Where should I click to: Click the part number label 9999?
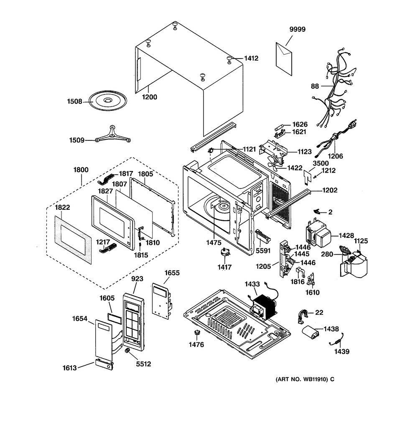tap(298, 29)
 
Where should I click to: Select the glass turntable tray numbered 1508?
tap(107, 101)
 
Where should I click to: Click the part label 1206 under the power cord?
tap(336, 156)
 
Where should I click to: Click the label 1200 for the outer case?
tap(149, 97)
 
